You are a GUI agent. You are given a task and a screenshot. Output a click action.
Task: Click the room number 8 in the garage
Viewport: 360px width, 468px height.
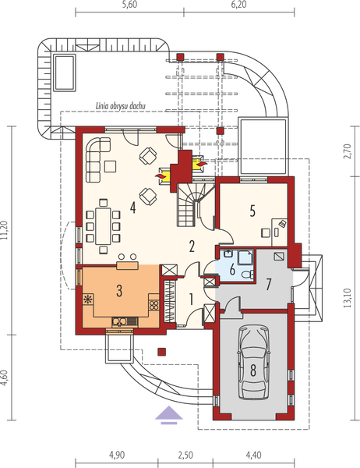253,370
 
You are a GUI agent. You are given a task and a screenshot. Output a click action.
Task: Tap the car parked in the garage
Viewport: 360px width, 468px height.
253,363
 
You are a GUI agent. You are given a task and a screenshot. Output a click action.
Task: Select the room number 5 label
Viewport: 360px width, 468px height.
252,211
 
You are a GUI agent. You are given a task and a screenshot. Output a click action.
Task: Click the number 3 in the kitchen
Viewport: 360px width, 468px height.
119,291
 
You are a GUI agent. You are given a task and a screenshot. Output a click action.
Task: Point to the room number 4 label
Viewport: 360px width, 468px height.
132,207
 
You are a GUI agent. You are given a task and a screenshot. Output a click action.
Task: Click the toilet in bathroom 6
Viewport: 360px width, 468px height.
247,274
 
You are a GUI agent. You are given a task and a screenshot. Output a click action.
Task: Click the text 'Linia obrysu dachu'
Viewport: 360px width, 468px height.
121,106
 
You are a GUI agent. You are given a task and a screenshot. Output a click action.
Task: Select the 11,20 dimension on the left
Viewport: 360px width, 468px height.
4,231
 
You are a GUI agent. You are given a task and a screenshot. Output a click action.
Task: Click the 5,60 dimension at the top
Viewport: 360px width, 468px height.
130,5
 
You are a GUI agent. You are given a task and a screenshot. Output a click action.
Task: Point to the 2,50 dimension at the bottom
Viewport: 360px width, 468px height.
185,456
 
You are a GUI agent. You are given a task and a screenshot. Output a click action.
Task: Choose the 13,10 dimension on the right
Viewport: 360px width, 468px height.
348,299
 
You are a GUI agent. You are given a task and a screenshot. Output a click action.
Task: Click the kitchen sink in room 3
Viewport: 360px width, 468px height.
125,321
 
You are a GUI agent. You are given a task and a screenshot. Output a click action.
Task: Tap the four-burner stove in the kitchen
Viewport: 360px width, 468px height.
154,305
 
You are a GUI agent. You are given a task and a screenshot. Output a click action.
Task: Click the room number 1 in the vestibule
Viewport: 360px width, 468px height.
191,300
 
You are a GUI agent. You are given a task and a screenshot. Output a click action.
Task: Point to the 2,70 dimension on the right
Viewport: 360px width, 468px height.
348,151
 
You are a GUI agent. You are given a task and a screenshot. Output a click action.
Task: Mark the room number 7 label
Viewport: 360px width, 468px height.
268,285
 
